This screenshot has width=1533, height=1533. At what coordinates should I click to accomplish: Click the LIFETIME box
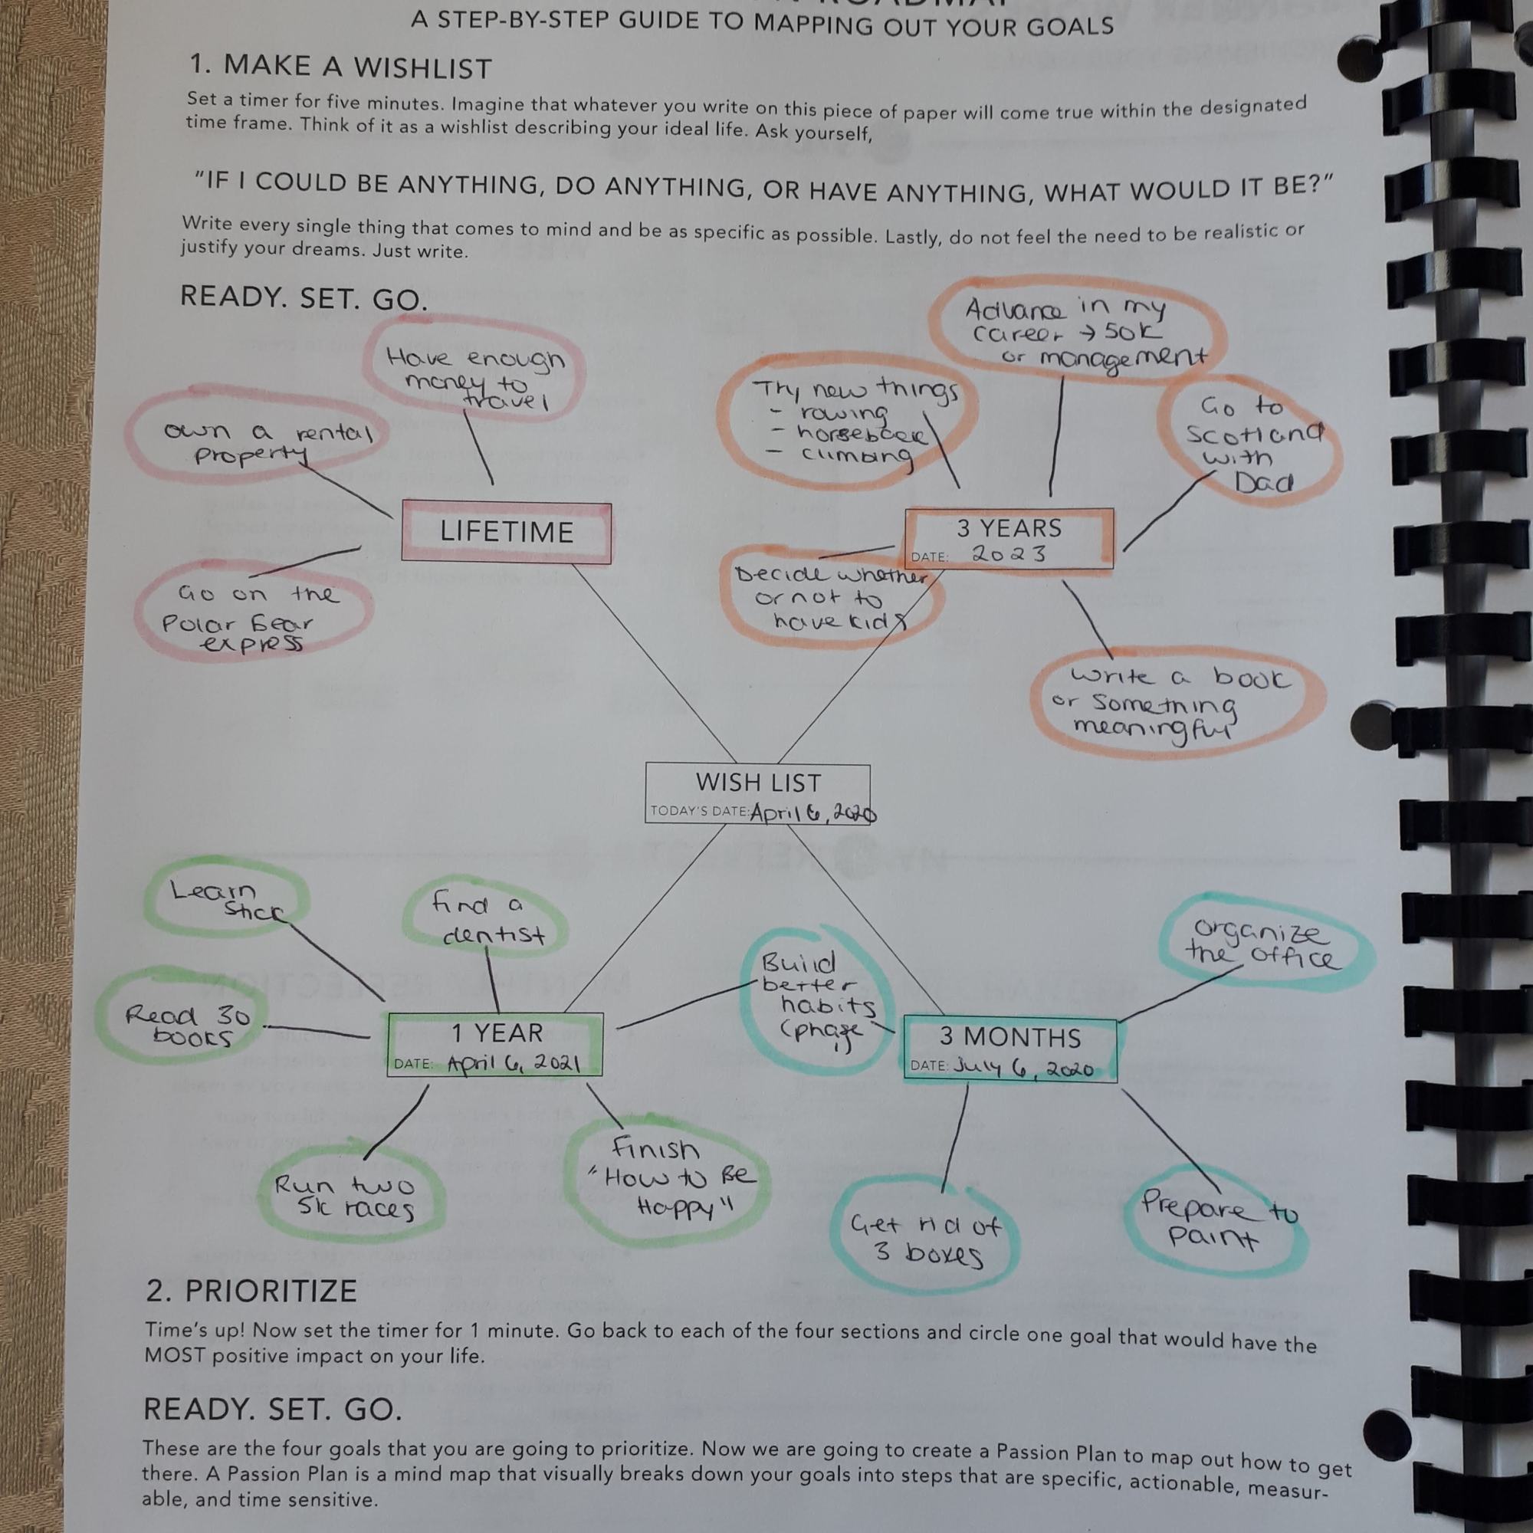(x=506, y=533)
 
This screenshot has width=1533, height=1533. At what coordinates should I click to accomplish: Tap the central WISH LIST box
(x=758, y=793)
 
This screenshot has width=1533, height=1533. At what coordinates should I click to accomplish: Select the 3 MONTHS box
(x=1009, y=1049)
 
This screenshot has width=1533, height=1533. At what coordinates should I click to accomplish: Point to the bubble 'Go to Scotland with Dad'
(x=1249, y=445)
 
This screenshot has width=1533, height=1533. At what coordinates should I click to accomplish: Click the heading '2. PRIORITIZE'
(x=251, y=1291)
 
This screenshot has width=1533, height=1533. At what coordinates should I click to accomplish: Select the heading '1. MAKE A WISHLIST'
(x=341, y=67)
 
